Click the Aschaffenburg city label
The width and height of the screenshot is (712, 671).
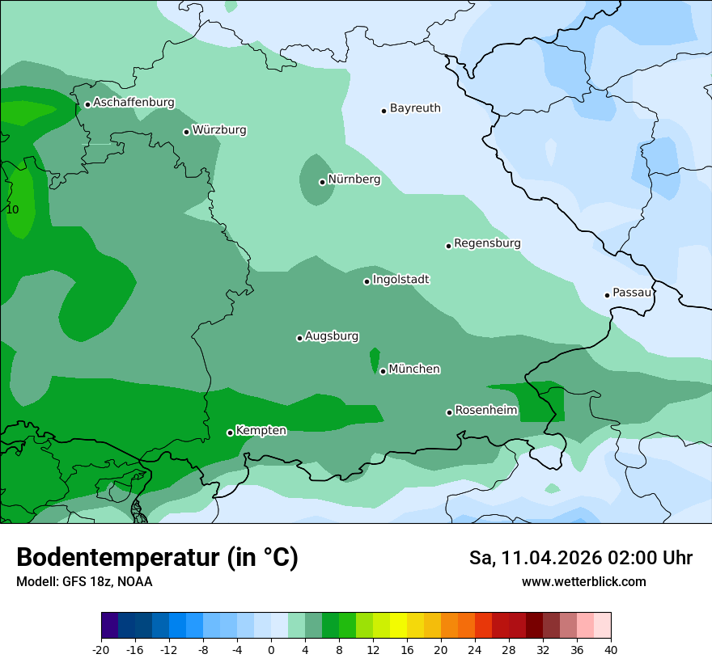tap(133, 103)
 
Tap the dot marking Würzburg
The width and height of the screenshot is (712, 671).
tap(186, 132)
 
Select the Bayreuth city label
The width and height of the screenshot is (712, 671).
tap(415, 108)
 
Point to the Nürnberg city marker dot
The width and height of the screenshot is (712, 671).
tap(322, 182)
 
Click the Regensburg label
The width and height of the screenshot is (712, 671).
tap(487, 243)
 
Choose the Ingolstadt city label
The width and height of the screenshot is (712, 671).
tap(400, 280)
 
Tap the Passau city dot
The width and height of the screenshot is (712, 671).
tap(607, 295)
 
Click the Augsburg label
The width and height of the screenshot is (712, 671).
tap(332, 336)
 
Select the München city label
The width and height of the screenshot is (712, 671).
tap(414, 369)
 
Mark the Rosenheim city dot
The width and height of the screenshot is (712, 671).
tap(449, 413)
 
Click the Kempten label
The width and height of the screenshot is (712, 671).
tap(261, 431)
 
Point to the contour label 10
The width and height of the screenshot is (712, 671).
tap(12, 209)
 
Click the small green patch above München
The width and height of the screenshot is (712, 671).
tap(375, 358)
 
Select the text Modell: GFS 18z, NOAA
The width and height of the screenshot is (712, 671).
tap(84, 582)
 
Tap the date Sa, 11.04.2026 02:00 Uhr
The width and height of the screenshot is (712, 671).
tap(580, 559)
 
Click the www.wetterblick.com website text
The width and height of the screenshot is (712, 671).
tap(583, 582)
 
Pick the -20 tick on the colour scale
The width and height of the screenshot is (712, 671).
tap(101, 649)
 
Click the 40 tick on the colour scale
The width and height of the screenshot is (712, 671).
tap(611, 649)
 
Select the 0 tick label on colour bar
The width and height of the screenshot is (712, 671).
tap(271, 649)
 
